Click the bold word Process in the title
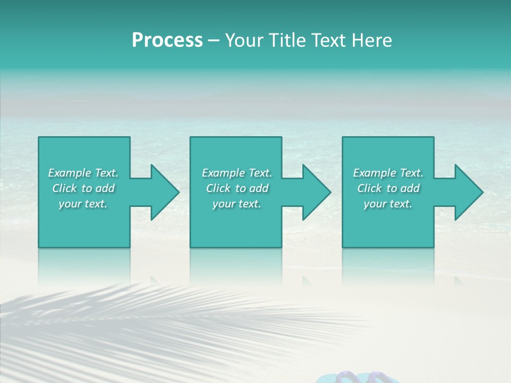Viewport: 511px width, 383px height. point(167,40)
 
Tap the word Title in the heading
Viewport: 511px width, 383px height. point(286,40)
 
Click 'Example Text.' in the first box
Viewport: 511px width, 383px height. point(83,173)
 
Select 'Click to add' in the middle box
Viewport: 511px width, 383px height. point(237,188)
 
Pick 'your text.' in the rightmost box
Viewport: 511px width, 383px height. point(388,204)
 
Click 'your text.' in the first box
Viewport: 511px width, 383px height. point(83,204)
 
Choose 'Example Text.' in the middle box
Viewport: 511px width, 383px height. point(237,173)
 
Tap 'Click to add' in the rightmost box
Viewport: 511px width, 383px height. point(388,188)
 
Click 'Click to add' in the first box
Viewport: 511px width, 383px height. point(83,188)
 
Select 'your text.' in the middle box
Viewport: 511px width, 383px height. point(237,204)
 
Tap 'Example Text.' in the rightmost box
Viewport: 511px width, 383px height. point(388,173)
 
